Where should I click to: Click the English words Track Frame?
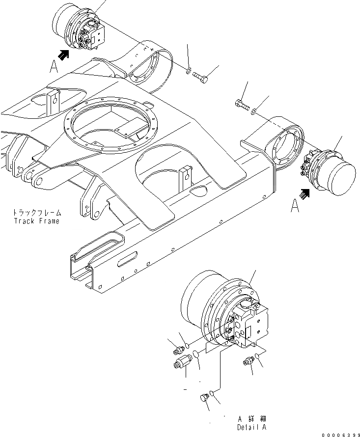[x=36, y=221]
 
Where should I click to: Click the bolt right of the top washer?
[x=200, y=77]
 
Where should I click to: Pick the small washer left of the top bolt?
[x=188, y=73]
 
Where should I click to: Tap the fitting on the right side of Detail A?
[x=248, y=362]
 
